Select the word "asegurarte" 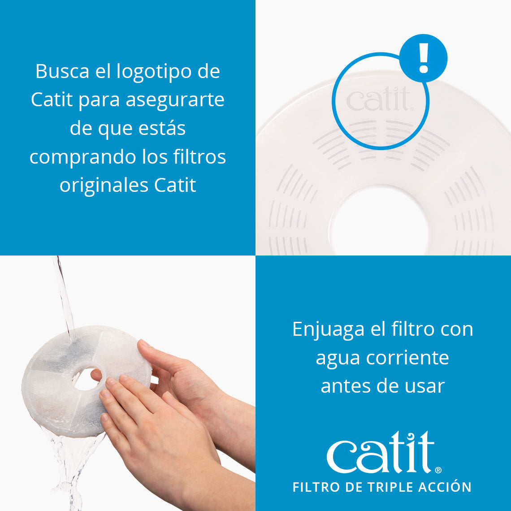coord(175,100)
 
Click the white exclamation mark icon coord(423,58)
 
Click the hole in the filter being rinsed coord(86,379)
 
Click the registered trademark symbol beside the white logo coord(438,470)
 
